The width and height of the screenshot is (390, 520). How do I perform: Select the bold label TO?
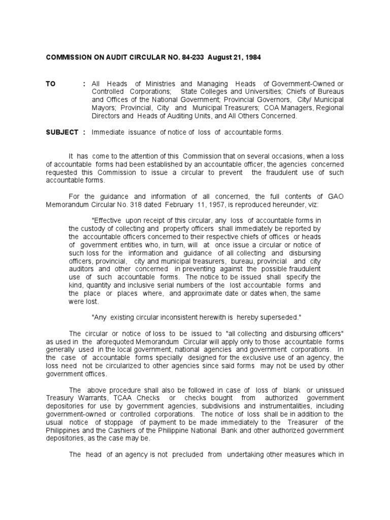coord(51,84)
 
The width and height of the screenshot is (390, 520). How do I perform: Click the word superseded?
coord(280,317)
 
